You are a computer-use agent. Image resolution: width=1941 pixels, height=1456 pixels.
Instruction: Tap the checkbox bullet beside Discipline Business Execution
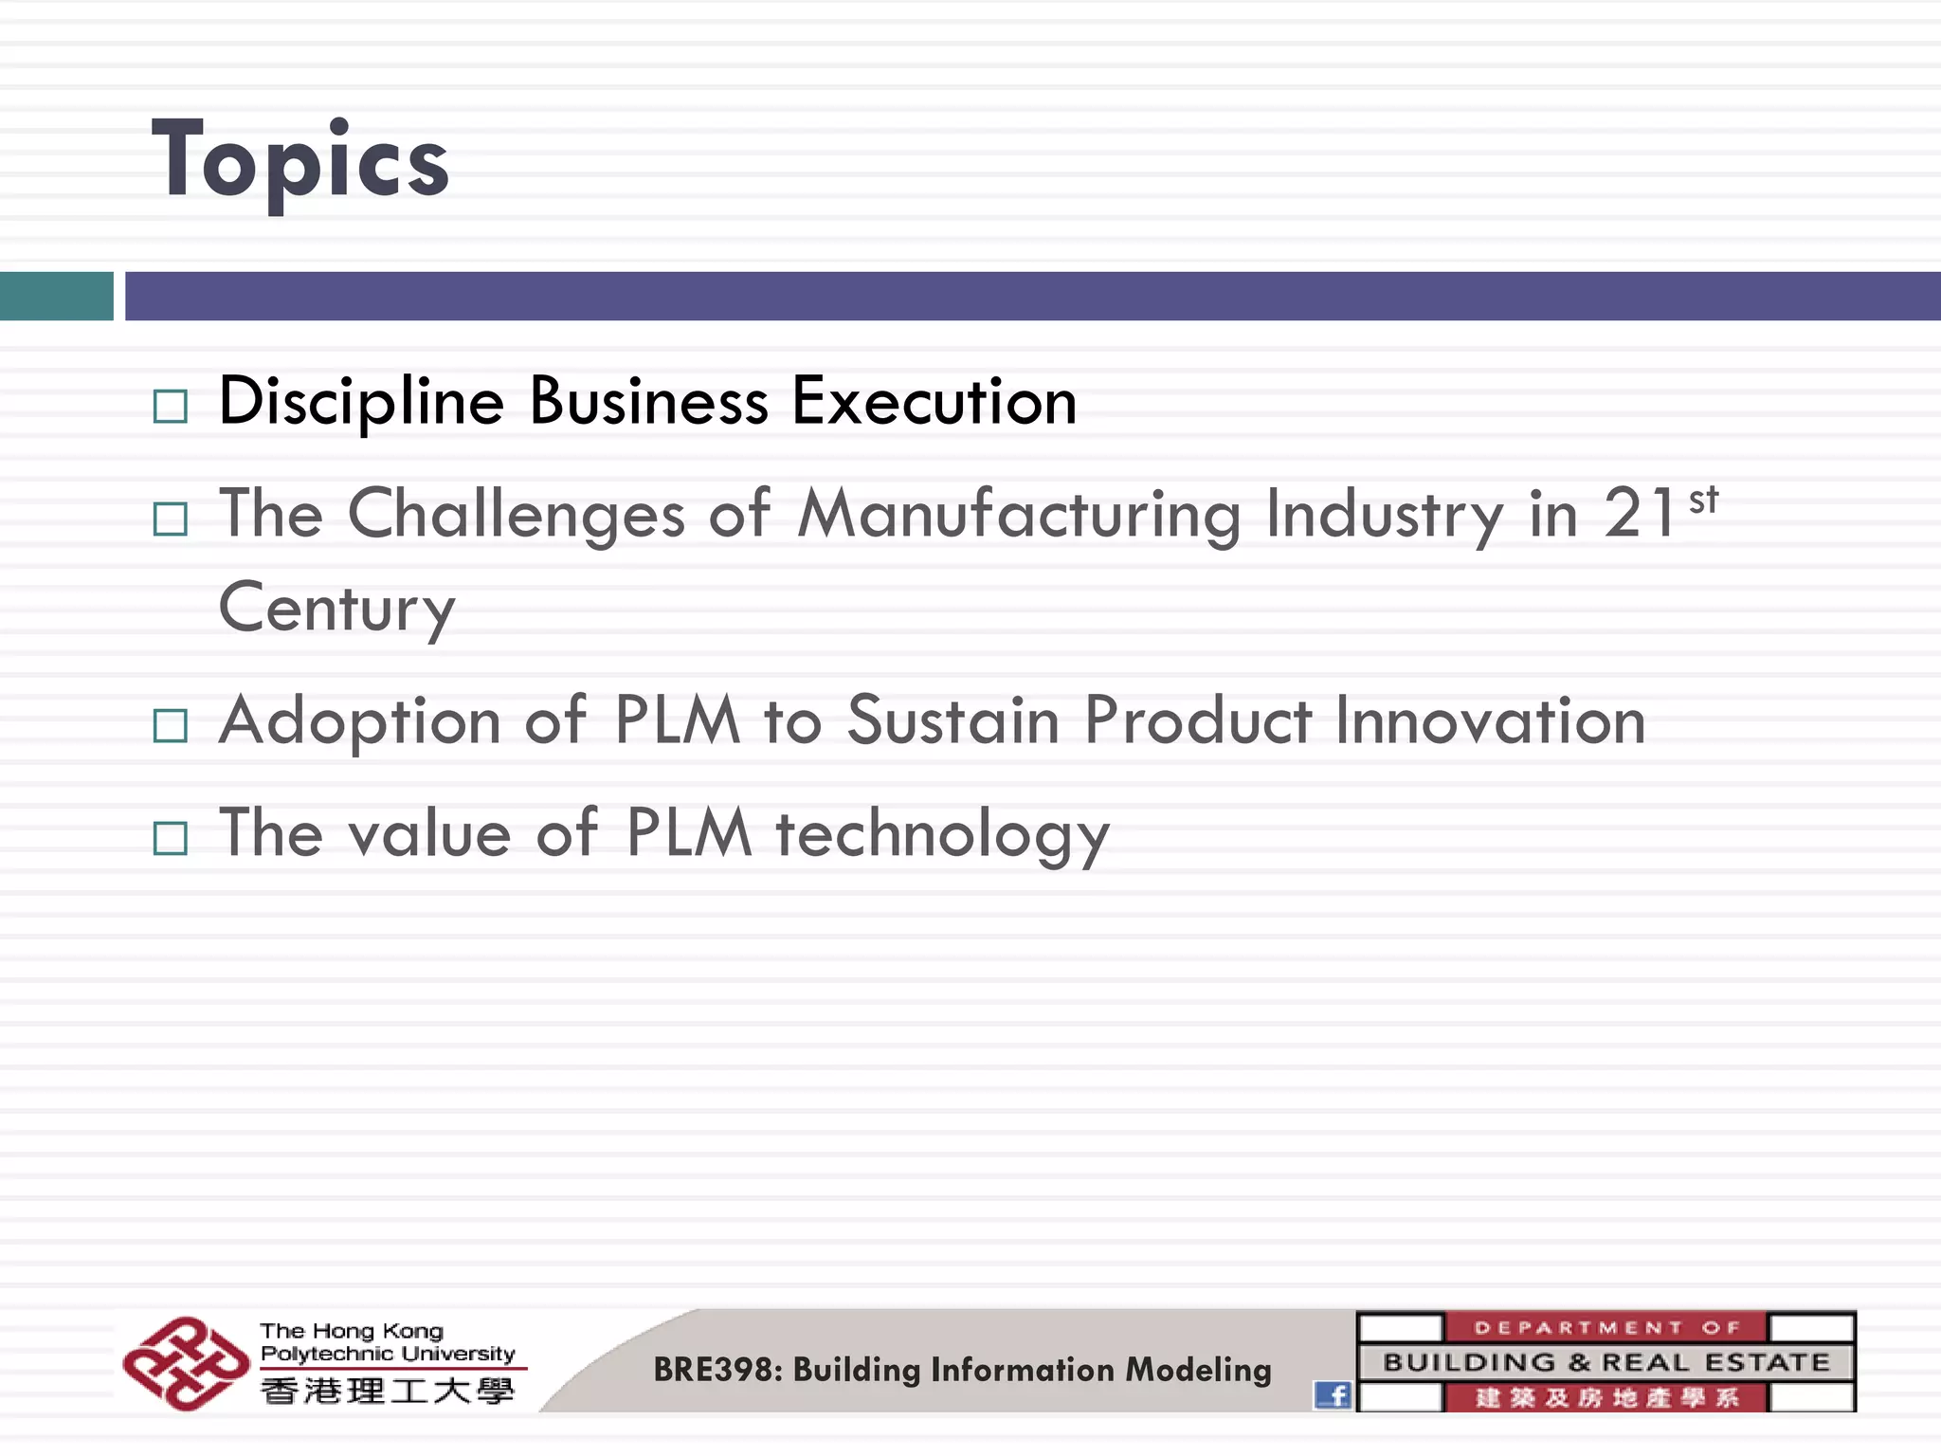pyautogui.click(x=171, y=407)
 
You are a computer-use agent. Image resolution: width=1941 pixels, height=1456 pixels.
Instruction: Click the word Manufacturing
pyautogui.click(x=1018, y=515)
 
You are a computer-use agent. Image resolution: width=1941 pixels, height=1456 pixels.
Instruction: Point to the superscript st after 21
pyautogui.click(x=1703, y=499)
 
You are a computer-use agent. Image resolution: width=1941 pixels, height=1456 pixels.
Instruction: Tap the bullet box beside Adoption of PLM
pyautogui.click(x=171, y=726)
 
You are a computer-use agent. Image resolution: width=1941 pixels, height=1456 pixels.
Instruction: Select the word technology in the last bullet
pyautogui.click(x=942, y=835)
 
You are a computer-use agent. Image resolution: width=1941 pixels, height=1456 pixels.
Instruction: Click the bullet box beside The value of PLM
pyautogui.click(x=171, y=838)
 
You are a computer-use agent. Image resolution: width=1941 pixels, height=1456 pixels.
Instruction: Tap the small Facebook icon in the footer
pyautogui.click(x=1333, y=1394)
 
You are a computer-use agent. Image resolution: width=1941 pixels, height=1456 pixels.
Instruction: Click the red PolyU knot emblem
pyautogui.click(x=186, y=1363)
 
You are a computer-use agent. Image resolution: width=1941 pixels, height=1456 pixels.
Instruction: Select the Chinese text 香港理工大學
pyautogui.click(x=387, y=1392)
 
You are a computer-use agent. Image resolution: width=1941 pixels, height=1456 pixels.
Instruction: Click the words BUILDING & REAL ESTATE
pyautogui.click(x=1605, y=1362)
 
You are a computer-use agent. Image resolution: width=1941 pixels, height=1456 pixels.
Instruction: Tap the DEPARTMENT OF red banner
pyautogui.click(x=1605, y=1327)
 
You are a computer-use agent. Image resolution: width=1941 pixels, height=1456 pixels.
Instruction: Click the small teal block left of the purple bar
pyautogui.click(x=56, y=296)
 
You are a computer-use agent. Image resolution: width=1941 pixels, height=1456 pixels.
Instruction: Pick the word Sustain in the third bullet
pyautogui.click(x=952, y=721)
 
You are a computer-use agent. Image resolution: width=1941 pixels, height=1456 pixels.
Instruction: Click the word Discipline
pyautogui.click(x=361, y=402)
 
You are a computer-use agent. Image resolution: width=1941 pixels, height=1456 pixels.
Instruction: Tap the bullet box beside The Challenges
pyautogui.click(x=171, y=519)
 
